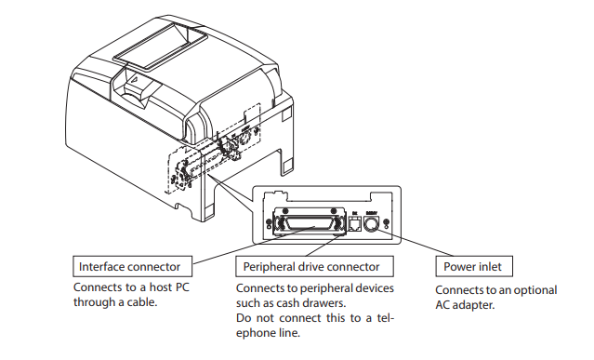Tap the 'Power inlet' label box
point(473,267)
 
